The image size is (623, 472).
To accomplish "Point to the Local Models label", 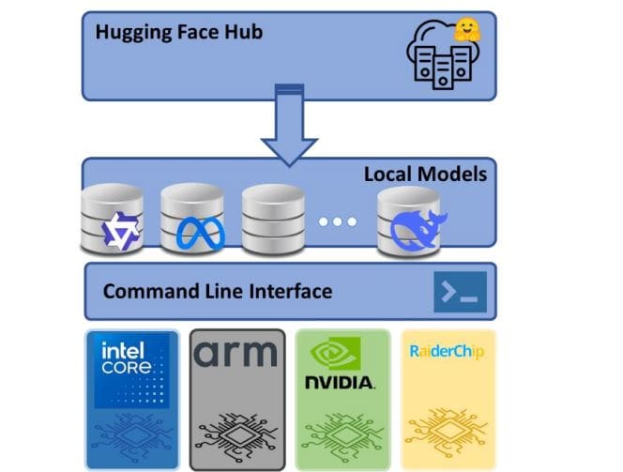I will (425, 174).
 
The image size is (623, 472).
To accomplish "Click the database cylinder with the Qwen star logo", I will (111, 220).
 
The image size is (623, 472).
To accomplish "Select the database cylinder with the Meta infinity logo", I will (191, 220).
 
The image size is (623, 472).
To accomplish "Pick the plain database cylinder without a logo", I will (272, 220).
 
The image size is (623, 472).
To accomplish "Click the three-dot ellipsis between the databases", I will (337, 222).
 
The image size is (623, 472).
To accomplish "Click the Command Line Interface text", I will (217, 291).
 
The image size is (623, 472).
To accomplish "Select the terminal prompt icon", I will (460, 292).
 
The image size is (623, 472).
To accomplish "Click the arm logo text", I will (236, 355).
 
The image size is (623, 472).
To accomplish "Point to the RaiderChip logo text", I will (446, 353).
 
